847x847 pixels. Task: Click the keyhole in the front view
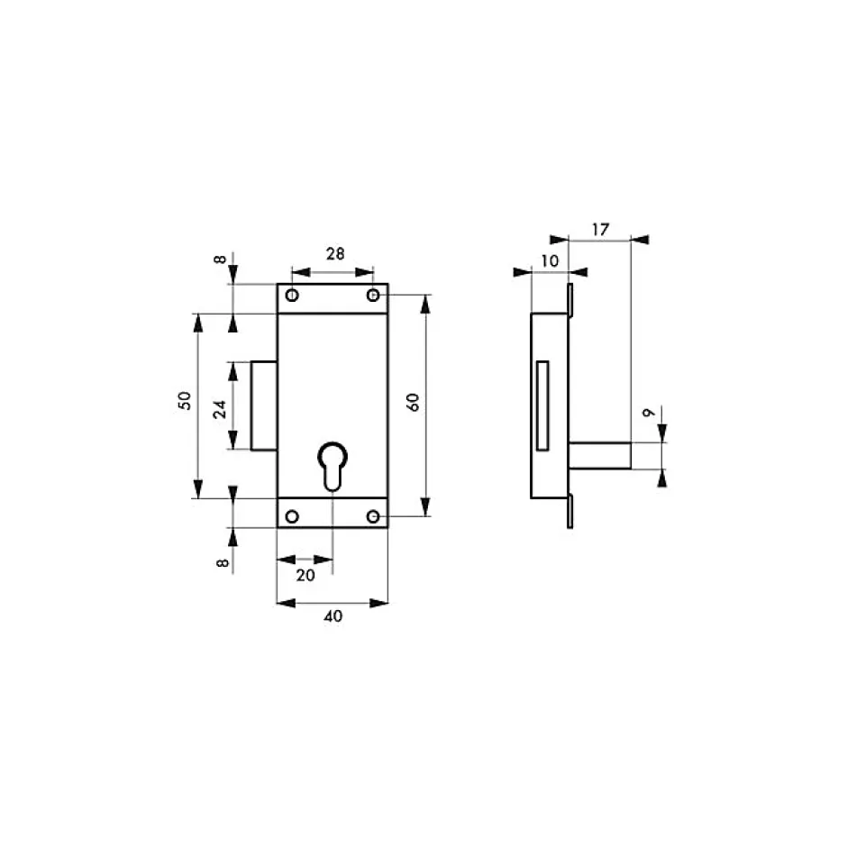point(332,467)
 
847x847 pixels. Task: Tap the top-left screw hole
point(292,295)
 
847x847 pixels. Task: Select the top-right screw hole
point(373,295)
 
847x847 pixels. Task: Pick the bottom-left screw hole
point(292,516)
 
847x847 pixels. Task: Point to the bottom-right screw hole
point(373,516)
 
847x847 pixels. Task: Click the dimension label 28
point(335,253)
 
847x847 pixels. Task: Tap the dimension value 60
point(413,403)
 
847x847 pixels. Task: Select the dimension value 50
point(185,400)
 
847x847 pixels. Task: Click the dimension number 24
point(219,409)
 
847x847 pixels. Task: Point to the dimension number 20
point(305,575)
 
